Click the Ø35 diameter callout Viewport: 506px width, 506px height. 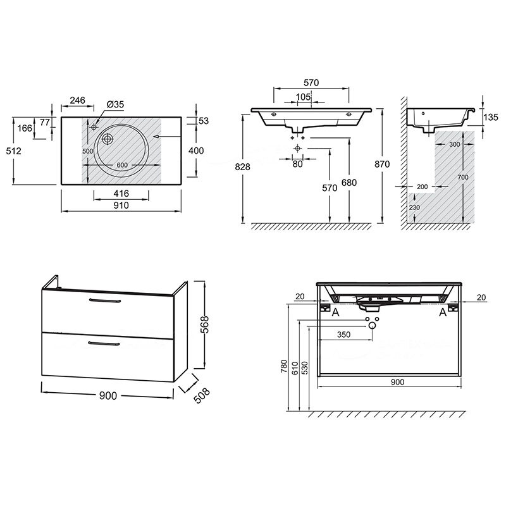click(115, 104)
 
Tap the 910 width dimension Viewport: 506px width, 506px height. click(121, 205)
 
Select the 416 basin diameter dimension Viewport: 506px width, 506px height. click(121, 194)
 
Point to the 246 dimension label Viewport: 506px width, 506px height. click(77, 101)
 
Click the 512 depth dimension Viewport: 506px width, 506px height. click(13, 151)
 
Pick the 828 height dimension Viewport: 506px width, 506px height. click(242, 167)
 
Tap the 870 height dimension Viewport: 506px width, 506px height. click(382, 164)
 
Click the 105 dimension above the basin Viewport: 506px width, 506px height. click(303, 97)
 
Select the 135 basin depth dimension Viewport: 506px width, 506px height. click(491, 117)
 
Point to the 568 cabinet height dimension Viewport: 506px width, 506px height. click(204, 324)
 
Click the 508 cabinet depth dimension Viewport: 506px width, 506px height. click(201, 395)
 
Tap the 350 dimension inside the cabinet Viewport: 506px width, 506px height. click(343, 335)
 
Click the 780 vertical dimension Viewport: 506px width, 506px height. click(283, 366)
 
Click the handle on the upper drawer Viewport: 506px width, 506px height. click(105, 301)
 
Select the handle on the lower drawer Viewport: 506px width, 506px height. click(104, 343)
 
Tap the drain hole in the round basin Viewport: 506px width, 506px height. click(108, 139)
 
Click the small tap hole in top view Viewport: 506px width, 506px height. click(94, 127)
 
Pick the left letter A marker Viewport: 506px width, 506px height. click(336, 312)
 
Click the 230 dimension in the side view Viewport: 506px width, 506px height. click(414, 207)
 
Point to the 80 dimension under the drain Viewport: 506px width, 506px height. click(297, 164)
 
